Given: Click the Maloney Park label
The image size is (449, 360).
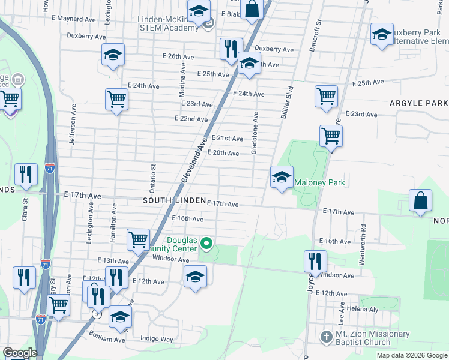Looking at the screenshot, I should pos(319,182).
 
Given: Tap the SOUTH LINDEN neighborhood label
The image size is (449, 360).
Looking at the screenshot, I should pos(174,200).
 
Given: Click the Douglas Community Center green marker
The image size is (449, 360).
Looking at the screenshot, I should pos(207,244).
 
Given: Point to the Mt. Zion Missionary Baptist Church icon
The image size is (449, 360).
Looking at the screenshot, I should pos(326,336).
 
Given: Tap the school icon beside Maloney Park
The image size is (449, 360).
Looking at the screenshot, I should pos(282,177).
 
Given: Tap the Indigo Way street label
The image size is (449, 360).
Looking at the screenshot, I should pos(157,339).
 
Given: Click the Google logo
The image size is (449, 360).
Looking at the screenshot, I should pos(20,353).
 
